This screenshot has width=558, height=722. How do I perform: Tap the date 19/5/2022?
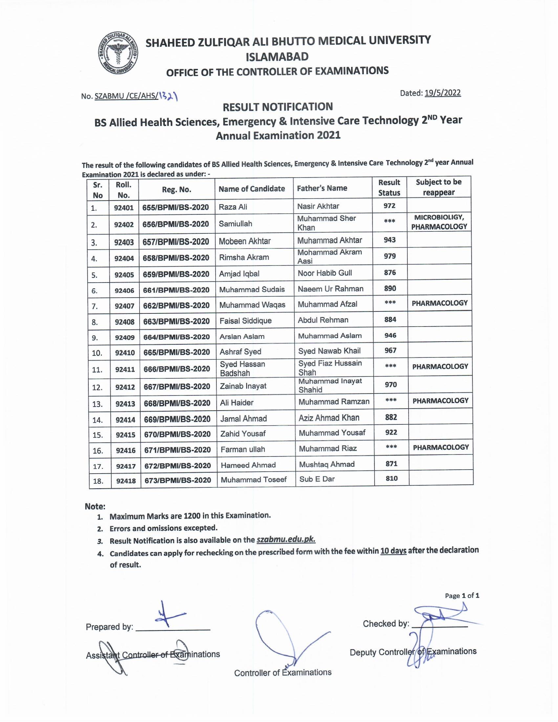(x=443, y=93)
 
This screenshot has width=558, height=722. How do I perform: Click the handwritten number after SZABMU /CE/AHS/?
(x=168, y=96)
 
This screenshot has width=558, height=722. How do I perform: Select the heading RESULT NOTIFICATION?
(x=278, y=107)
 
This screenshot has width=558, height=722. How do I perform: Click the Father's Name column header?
(x=322, y=188)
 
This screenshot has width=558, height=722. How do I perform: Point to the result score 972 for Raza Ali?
(x=389, y=206)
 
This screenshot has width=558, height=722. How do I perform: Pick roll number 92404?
(x=124, y=258)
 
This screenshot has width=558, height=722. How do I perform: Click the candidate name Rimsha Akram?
(x=244, y=257)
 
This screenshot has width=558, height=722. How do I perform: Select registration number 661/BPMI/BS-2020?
(x=176, y=290)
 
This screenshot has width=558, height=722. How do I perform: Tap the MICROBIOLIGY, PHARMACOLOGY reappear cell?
(x=439, y=222)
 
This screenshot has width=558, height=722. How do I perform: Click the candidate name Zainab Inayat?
(x=243, y=386)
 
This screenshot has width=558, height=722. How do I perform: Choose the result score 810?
(x=391, y=478)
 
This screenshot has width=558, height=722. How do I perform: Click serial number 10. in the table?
(x=97, y=353)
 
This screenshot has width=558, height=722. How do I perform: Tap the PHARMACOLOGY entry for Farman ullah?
(x=440, y=447)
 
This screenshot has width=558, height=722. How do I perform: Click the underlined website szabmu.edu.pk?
(x=286, y=540)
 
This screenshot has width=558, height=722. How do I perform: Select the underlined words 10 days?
(x=393, y=551)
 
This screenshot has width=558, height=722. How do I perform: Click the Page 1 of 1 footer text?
(x=462, y=595)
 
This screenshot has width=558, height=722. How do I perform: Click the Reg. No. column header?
(x=177, y=189)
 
